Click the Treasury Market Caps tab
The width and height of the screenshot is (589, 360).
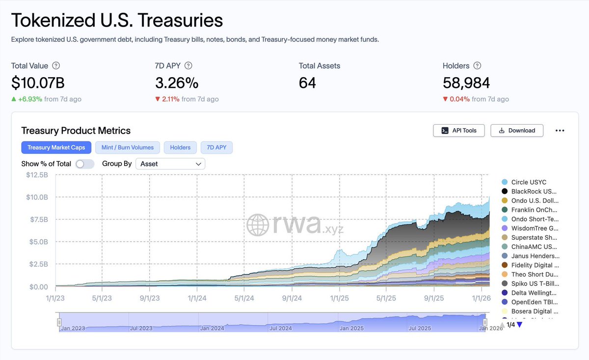56,147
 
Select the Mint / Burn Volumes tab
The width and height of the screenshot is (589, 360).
127,147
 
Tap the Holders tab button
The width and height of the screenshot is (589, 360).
180,147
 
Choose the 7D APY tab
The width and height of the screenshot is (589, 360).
216,147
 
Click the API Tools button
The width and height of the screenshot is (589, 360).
459,131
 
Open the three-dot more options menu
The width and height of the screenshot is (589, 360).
560,131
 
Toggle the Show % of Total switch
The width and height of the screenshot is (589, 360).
85,164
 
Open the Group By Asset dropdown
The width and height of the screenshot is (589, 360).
170,164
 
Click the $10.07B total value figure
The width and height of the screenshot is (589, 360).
38,83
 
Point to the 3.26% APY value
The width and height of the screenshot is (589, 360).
177,83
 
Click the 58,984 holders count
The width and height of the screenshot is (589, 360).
466,83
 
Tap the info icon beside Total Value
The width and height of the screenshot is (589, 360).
56,66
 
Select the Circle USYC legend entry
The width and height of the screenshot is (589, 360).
528,182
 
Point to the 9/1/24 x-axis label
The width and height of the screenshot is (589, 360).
292,298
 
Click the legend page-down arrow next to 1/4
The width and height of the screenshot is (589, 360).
520,325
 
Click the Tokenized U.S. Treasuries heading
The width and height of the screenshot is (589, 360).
117,20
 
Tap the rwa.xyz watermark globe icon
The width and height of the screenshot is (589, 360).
258,225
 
